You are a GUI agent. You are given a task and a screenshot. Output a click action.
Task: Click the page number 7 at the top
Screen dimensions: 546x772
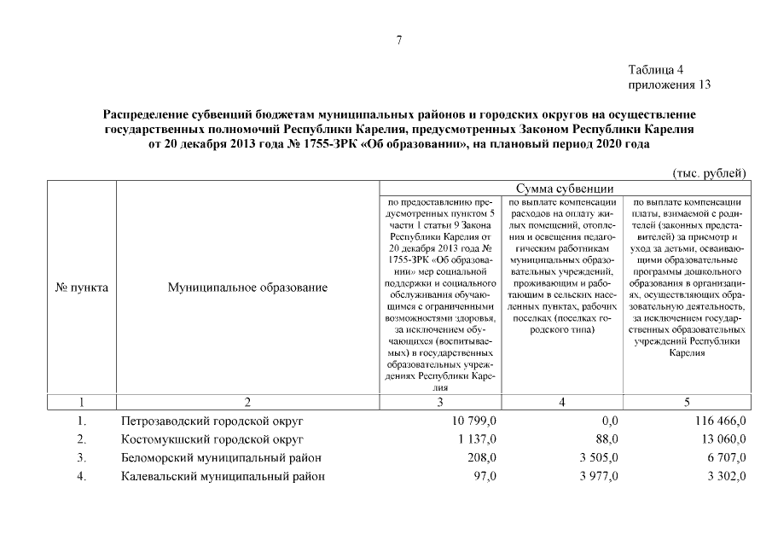pyautogui.click(x=398, y=39)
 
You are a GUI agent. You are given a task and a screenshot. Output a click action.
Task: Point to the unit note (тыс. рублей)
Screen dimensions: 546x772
pyautogui.click(x=710, y=172)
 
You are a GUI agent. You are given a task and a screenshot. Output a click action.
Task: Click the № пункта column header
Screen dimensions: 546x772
pyautogui.click(x=82, y=288)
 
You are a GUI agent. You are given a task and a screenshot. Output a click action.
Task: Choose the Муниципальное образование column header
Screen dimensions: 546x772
pyautogui.click(x=247, y=288)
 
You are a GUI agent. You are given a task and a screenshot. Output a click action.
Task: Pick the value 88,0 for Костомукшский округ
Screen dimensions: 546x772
pyautogui.click(x=607, y=439)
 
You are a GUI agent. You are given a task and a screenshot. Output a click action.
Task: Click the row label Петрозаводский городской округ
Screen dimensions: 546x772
pyautogui.click(x=212, y=421)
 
